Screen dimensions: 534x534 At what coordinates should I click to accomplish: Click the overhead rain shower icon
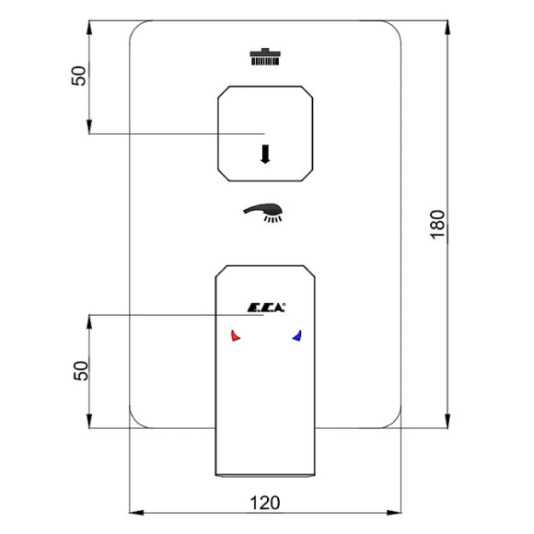point(265,56)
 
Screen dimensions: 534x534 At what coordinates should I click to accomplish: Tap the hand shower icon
point(263,213)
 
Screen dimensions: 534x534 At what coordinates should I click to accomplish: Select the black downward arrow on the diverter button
point(265,154)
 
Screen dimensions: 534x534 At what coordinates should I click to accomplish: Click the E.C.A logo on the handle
point(266,308)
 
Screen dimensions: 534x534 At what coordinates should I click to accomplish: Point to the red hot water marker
point(236,336)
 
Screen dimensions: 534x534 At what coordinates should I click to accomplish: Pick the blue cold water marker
point(297,336)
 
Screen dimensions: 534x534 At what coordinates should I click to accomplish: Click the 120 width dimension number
point(265,503)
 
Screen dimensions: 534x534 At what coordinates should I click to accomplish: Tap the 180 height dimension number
point(438,226)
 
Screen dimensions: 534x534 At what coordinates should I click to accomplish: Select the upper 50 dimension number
point(78,75)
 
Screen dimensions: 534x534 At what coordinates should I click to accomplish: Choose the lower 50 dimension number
point(81,370)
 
